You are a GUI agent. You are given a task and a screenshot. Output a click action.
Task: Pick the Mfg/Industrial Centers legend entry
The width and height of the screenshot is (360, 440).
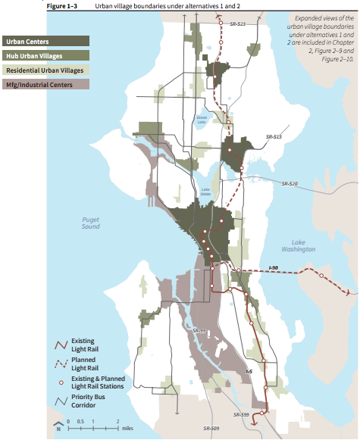(x=39, y=85)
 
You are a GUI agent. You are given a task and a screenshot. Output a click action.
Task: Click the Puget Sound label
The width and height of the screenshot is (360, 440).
(x=90, y=223)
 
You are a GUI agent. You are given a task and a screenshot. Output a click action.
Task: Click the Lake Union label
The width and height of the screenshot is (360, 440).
(x=205, y=192)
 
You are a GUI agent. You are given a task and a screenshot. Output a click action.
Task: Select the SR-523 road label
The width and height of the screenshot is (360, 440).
(x=236, y=25)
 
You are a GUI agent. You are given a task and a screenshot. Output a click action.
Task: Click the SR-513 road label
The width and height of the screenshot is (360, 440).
(x=274, y=137)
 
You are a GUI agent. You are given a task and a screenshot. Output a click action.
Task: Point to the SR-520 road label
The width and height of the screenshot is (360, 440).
(x=290, y=184)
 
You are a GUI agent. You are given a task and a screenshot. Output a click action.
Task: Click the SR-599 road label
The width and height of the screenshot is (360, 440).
(x=241, y=415)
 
